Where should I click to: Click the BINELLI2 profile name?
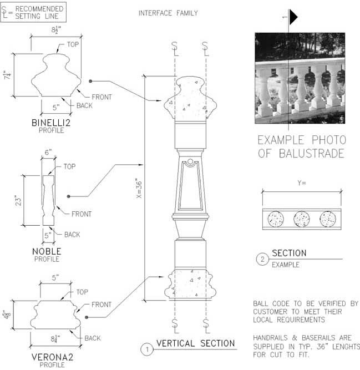pos(51,123)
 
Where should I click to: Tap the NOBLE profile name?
pos(47,251)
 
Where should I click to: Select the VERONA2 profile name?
pos(52,357)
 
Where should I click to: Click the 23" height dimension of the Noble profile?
pos(18,200)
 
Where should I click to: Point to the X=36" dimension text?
pos(139,190)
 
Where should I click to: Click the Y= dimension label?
pos(302,183)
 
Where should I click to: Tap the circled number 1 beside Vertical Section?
pos(147,349)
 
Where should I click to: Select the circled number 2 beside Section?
pos(262,259)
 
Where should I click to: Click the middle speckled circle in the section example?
pos(302,219)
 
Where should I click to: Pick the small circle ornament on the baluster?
pos(190,162)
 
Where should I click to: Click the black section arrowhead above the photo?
pos(293,17)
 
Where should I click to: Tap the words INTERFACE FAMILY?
pos(168,13)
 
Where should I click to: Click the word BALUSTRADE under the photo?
pos(311,153)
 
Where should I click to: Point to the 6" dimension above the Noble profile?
pos(48,152)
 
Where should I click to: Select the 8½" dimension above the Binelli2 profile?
pos(56,30)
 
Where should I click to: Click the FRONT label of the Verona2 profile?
pos(101,305)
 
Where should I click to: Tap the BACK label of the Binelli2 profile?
pos(84,105)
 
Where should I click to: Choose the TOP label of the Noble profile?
pos(69,166)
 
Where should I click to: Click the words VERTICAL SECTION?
pos(196,343)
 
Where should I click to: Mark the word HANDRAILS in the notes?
pos(270,338)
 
